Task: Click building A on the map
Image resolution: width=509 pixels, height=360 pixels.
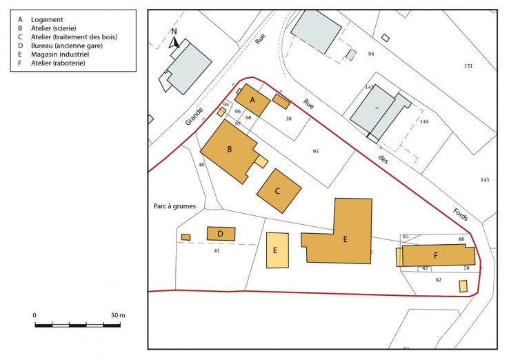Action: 253,100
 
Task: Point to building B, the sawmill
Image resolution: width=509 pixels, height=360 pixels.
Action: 229,149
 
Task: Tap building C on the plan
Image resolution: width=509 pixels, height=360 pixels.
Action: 279,190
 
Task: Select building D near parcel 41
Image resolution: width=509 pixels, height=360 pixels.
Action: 221,234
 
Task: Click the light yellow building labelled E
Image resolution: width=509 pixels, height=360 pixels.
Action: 277,250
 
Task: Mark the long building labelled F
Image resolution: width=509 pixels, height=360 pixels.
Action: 437,255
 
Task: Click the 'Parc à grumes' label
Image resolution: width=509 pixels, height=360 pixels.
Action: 174,206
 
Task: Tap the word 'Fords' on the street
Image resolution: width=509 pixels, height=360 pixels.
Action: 461,215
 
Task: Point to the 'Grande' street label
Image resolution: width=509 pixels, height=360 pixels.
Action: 194,115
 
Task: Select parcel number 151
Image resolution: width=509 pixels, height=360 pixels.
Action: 468,66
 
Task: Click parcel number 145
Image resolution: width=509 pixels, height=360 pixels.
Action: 485,180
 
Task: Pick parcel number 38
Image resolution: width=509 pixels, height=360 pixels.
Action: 288,119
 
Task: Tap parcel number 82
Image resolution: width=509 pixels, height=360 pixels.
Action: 439,280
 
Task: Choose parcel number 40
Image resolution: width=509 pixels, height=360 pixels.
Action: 201,165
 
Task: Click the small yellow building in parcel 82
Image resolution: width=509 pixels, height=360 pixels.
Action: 463,286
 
